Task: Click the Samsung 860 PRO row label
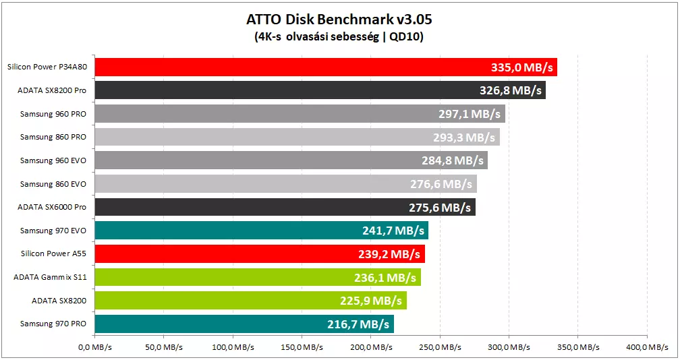click(53, 137)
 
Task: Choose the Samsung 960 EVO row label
click(53, 160)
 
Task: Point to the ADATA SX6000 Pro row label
click(51, 207)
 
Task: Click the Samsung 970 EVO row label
click(53, 231)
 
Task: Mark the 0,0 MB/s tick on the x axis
click(95, 347)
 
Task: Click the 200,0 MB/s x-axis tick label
click(371, 347)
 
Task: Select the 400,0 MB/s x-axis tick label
click(647, 347)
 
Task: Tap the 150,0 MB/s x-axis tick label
click(302, 347)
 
